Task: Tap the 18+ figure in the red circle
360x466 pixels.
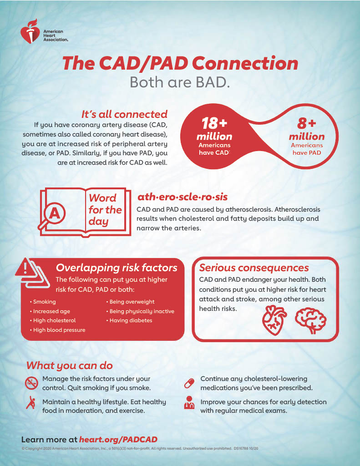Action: click(214, 123)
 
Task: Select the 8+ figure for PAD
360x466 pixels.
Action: click(307, 124)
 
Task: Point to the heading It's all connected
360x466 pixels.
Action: click(124, 114)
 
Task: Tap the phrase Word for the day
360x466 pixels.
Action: click(105, 210)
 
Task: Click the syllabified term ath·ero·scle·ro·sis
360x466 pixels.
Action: click(182, 197)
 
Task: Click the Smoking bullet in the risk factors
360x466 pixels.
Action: click(44, 302)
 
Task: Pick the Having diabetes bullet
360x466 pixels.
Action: click(131, 320)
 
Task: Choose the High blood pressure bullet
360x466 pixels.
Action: click(59, 330)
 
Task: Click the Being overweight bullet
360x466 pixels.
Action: click(132, 302)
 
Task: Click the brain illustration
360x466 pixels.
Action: click(311, 320)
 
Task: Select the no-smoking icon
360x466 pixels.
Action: click(31, 383)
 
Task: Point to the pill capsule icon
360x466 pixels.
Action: click(189, 383)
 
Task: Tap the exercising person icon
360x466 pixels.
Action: click(31, 404)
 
